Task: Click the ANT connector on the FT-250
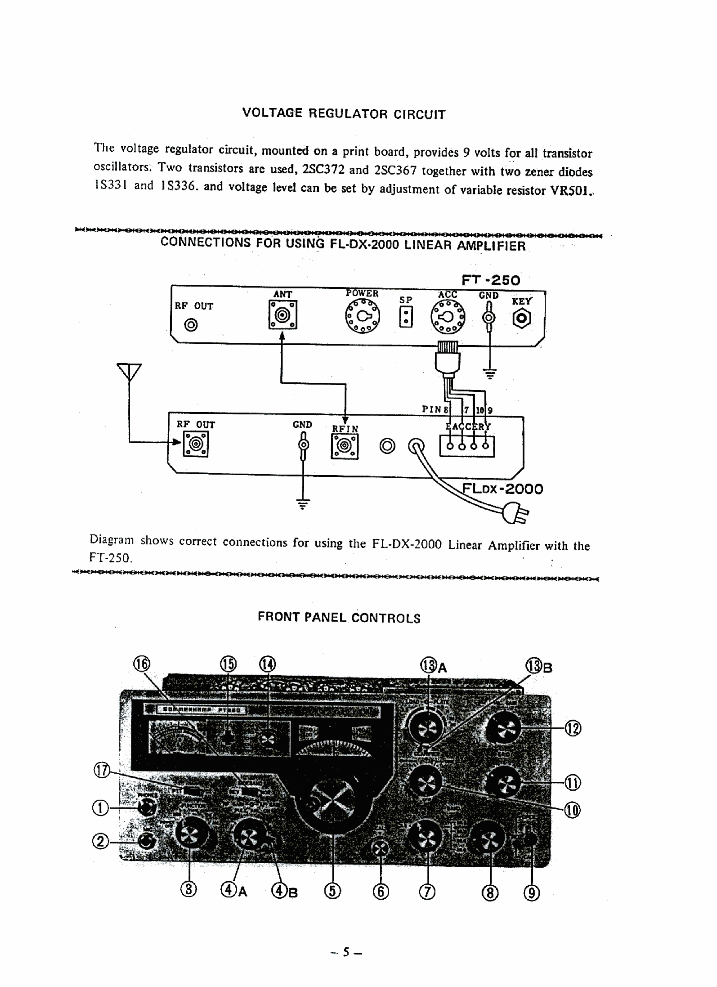(282, 315)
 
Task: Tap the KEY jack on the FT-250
(522, 319)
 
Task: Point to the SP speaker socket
(406, 317)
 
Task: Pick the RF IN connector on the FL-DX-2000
(345, 446)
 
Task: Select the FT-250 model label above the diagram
(491, 280)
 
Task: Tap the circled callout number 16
(141, 665)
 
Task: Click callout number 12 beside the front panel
(573, 728)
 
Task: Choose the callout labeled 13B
(538, 666)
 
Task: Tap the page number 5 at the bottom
(346, 952)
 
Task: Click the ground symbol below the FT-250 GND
(490, 373)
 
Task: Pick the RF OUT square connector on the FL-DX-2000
(196, 444)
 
